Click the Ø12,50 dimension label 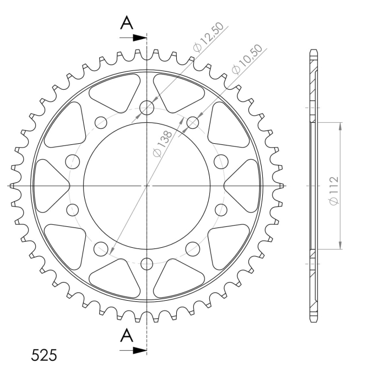point(208,37)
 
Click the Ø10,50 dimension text point(247,59)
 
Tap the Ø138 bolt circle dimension point(162,144)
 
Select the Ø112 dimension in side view point(334,190)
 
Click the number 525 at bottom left point(44,355)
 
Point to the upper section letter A point(127,23)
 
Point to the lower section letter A point(127,335)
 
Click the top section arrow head point(140,38)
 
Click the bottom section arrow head point(140,350)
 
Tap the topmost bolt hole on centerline point(147,107)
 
